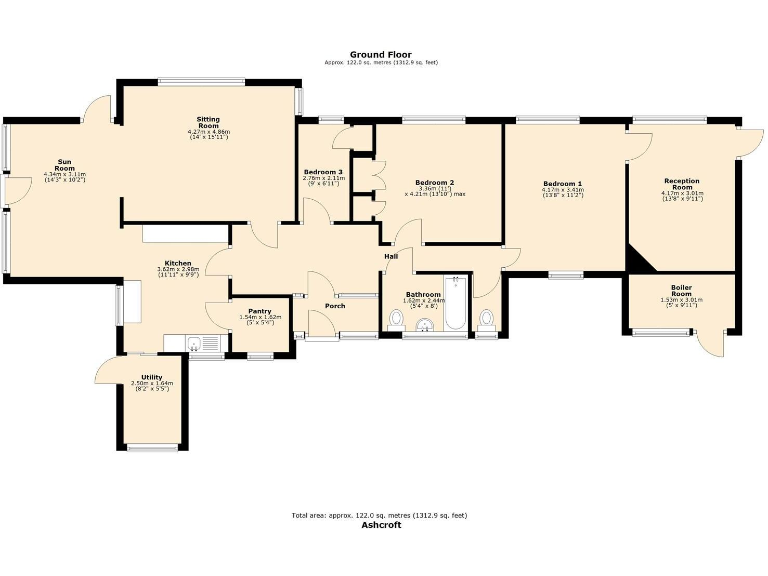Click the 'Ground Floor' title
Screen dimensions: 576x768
click(x=380, y=54)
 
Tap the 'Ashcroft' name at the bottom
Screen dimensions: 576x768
click(x=381, y=524)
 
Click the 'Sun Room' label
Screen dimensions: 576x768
click(x=65, y=165)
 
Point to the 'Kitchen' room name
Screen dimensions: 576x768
click(x=178, y=264)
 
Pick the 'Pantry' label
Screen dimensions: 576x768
click(x=259, y=311)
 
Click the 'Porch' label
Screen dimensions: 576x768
click(x=335, y=306)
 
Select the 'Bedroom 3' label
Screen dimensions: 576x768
click(x=323, y=172)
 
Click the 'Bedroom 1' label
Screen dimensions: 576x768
click(x=562, y=183)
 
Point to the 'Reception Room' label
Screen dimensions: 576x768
click(x=682, y=184)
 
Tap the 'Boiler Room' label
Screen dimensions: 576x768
click(x=682, y=290)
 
